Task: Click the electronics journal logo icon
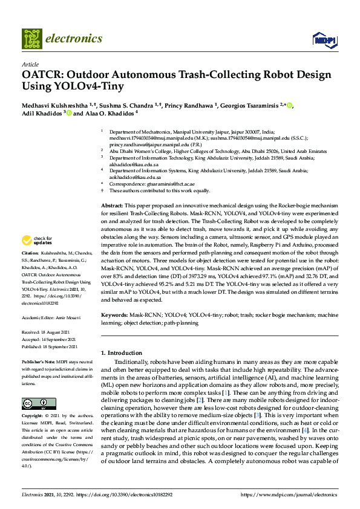click(32, 38)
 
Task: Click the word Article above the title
click(30, 65)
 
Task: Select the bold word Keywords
click(114, 315)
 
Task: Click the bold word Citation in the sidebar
click(30, 269)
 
